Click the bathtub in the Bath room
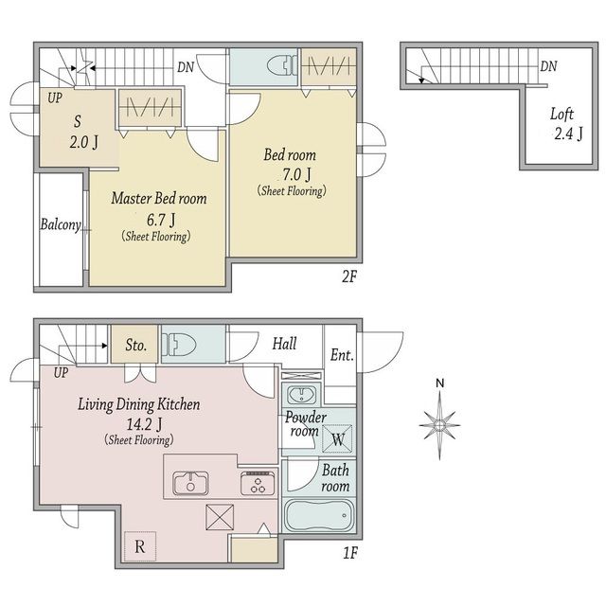pyautogui.click(x=319, y=515)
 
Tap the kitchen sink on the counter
pyautogui.click(x=190, y=483)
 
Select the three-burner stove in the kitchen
pyautogui.click(x=258, y=484)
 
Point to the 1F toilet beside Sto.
pyautogui.click(x=179, y=344)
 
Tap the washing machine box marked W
pyautogui.click(x=337, y=438)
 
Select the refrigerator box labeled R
pyautogui.click(x=140, y=546)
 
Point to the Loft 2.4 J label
pyautogui.click(x=566, y=124)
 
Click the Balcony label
pyautogui.click(x=61, y=224)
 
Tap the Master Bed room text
pyautogui.click(x=159, y=198)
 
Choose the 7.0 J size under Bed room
pyautogui.click(x=296, y=174)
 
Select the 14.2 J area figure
pyautogui.click(x=144, y=424)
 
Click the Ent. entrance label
pyautogui.click(x=342, y=355)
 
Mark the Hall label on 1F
pyautogui.click(x=284, y=344)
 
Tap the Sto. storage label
pyautogui.click(x=135, y=345)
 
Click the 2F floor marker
pyautogui.click(x=349, y=276)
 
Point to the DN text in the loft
pyautogui.click(x=548, y=66)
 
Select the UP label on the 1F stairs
pyautogui.click(x=61, y=373)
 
